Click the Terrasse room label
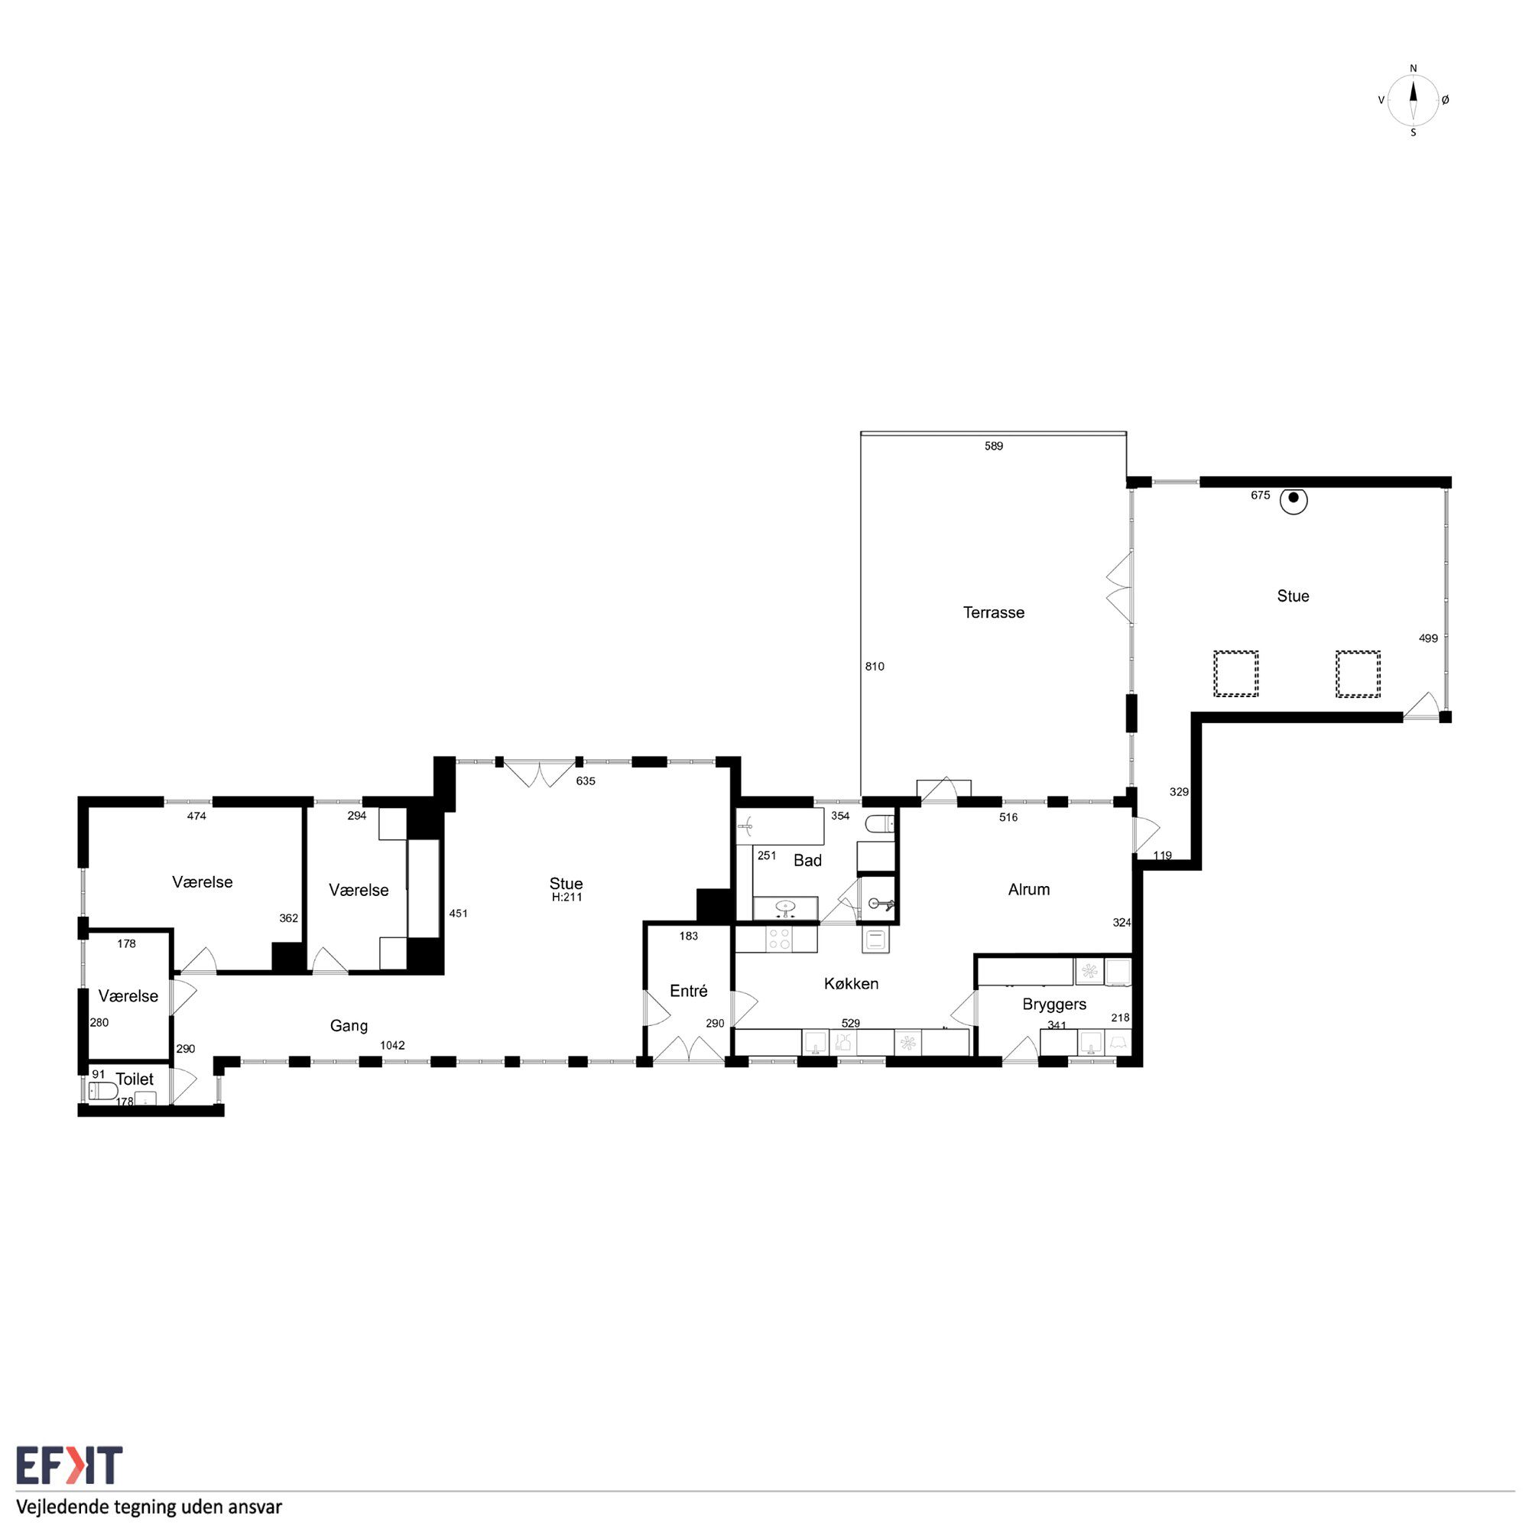993,612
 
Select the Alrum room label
1029,890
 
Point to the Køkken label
851,984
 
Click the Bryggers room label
1054,1005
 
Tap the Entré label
689,991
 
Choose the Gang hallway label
349,1027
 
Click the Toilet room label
135,1079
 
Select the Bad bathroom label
807,860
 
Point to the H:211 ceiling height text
566,898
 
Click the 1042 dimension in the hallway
392,1045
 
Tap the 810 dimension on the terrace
875,667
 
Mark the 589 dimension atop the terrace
994,446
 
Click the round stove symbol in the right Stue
1294,500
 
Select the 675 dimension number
1261,495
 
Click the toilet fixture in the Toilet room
103,1092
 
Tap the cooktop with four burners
780,940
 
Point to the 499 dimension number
1429,638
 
